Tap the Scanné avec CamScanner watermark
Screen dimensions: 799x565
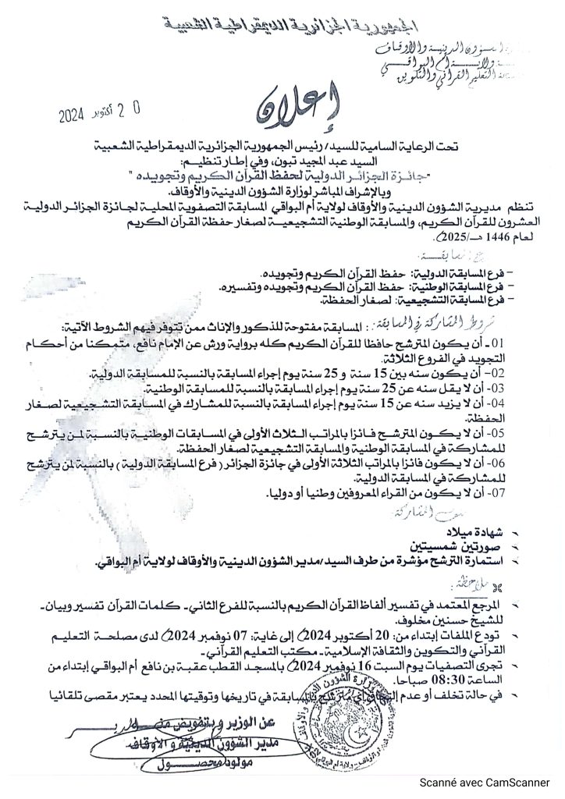495,783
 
